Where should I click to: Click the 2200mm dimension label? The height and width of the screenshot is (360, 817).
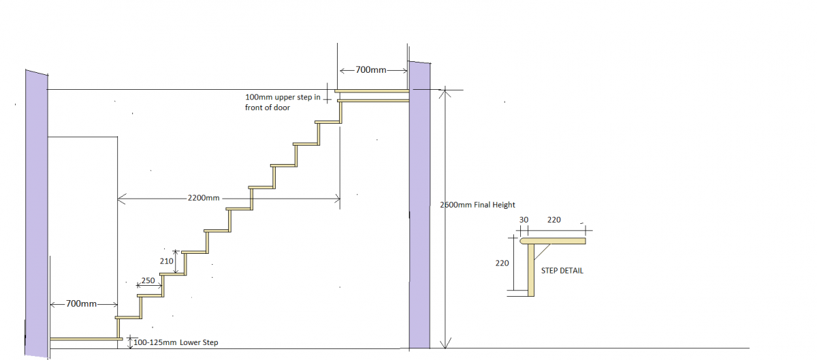coord(204,198)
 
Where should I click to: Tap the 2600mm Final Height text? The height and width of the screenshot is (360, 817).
coord(477,205)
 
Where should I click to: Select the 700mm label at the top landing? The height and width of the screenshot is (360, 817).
coord(370,69)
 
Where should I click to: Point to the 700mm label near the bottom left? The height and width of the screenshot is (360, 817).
coord(81,304)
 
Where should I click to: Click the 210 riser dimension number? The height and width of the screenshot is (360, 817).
coord(166,261)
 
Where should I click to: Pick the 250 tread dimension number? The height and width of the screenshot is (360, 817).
coord(148,280)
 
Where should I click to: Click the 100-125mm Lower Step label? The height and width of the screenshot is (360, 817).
coord(176,342)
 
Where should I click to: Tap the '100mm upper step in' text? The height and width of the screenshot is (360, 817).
coord(283,97)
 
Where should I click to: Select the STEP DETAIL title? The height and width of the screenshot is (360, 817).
coord(562,271)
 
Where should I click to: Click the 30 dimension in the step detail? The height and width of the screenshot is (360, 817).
coord(524,220)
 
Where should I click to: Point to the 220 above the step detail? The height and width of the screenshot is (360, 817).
coord(554,220)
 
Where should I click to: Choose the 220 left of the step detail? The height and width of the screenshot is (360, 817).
coord(502,263)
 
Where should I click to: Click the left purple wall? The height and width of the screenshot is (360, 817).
coord(37,214)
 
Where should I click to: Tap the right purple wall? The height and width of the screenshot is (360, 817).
coord(419,205)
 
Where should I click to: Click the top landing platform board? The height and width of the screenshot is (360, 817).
coord(372,91)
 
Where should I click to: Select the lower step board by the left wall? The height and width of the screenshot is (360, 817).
coord(86,339)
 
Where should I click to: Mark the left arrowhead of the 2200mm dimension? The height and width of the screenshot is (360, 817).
coord(121,199)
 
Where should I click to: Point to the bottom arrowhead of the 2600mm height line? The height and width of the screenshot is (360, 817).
coord(445,344)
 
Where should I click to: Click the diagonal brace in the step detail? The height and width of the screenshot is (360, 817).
coord(542,252)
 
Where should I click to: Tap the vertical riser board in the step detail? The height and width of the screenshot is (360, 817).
coord(531,270)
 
